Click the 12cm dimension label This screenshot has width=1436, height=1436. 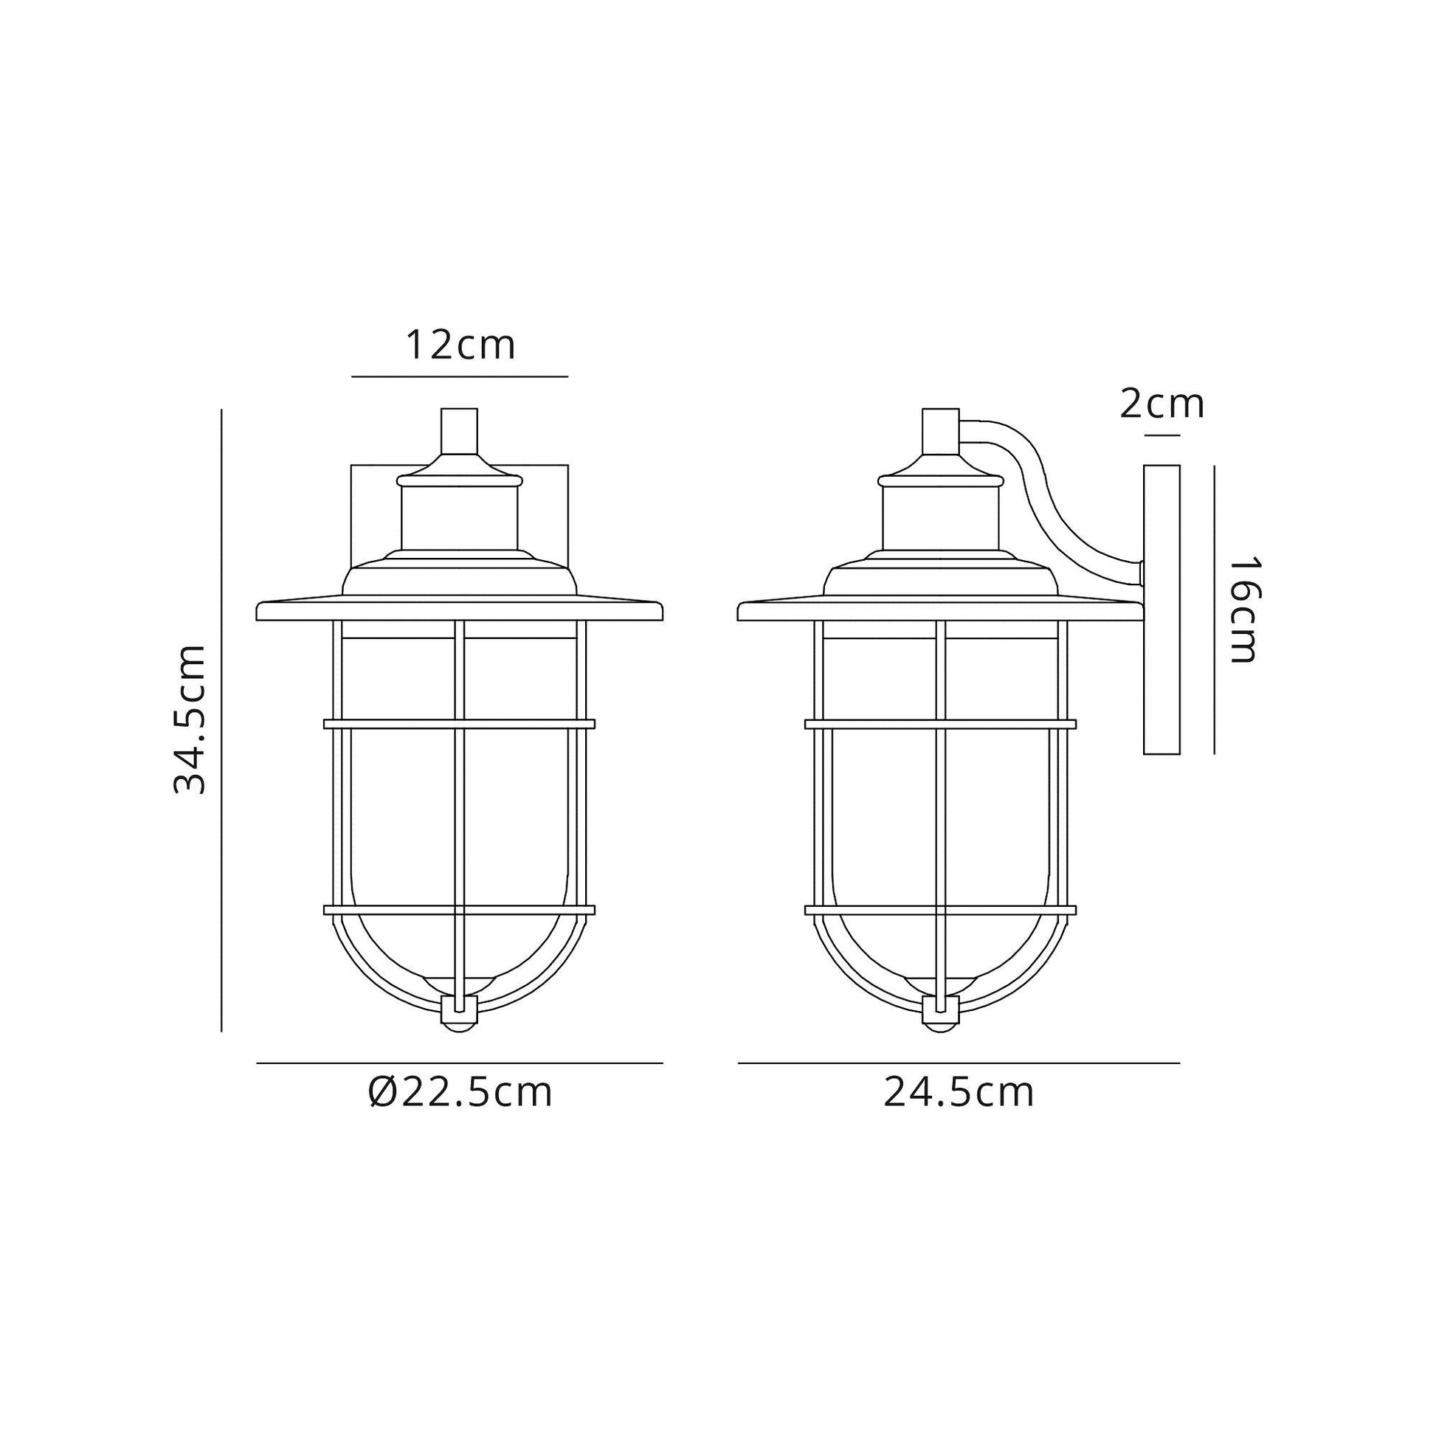460,345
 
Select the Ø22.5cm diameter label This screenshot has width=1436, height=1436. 460,1094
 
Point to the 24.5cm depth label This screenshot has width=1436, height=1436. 959,1094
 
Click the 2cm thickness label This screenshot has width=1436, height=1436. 1161,404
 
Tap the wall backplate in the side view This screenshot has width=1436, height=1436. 1162,610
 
